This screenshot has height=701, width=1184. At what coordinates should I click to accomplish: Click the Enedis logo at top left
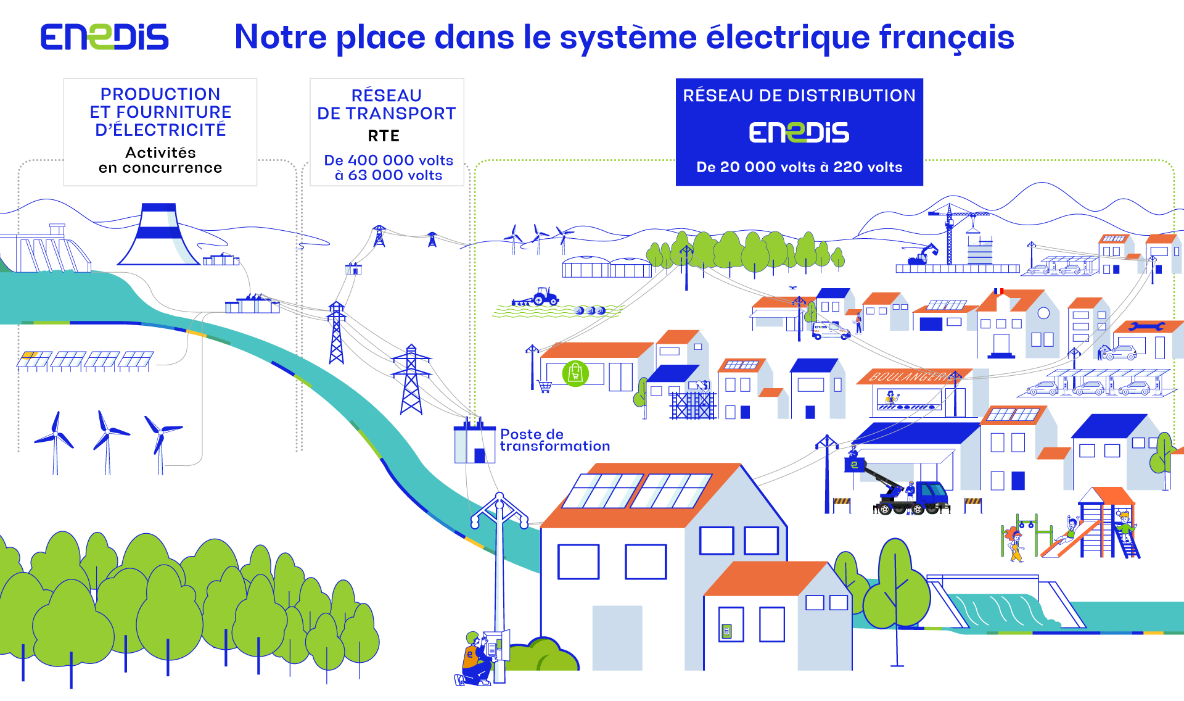point(104,37)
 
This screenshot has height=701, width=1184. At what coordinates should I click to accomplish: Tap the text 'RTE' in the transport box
point(384,136)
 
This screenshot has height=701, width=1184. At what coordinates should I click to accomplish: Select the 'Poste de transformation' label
point(555,440)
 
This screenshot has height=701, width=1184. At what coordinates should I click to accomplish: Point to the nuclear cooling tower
point(159,234)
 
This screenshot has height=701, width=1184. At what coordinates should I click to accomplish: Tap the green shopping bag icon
point(575,373)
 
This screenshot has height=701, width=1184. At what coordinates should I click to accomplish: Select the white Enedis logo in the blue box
point(799,133)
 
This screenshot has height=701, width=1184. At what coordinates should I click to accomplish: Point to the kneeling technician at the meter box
point(475,659)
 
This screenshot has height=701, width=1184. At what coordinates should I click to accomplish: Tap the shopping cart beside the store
point(545,387)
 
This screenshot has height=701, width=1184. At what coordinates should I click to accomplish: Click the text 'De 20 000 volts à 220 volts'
point(799,167)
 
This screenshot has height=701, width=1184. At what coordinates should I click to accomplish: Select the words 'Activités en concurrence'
point(160,160)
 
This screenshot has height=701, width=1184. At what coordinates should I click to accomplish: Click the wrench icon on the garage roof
point(1146,326)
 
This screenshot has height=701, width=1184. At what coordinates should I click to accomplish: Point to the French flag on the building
point(998,291)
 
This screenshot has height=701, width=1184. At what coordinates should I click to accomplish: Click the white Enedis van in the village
point(831,331)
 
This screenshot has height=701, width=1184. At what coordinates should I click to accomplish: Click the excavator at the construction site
point(920,254)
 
